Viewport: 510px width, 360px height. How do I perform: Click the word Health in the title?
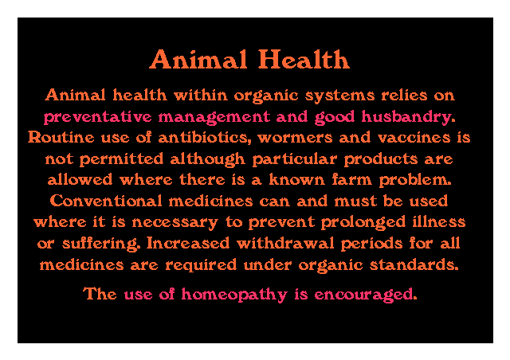304,59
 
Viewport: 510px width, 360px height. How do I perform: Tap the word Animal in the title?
198,59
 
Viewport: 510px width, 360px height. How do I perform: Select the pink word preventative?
98,117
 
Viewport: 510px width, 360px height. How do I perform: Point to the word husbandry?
408,117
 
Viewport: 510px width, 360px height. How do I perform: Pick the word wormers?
295,138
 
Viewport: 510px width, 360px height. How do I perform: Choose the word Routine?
61,137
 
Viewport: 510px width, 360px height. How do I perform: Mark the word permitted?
121,159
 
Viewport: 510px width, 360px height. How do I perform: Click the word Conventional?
106,201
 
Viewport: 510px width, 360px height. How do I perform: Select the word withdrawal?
285,243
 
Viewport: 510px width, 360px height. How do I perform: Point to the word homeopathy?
234,295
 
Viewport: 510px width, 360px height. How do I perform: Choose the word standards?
414,264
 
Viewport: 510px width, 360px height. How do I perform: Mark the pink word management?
214,117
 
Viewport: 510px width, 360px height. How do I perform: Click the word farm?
352,179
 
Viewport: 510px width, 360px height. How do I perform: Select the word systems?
340,96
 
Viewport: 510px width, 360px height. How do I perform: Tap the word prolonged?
363,222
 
